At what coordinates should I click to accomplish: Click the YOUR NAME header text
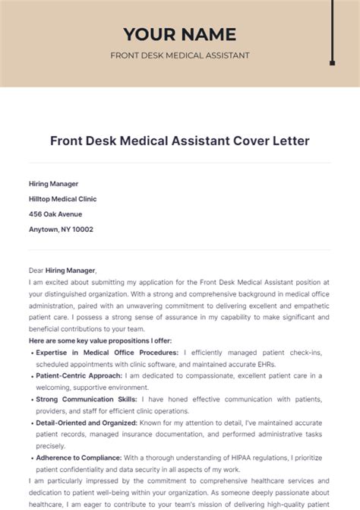[x=179, y=34]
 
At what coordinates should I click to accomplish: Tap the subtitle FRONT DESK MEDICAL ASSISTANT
[x=179, y=55]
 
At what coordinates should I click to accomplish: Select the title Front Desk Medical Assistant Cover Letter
[x=179, y=141]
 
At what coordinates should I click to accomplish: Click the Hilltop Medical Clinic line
[x=62, y=198]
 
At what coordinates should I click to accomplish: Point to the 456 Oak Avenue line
[x=56, y=214]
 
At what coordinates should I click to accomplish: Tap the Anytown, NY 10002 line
[x=61, y=229]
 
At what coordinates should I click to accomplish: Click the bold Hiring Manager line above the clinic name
[x=53, y=183]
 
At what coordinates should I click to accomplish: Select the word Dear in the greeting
[x=36, y=270]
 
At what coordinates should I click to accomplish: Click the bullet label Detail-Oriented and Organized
[x=86, y=423]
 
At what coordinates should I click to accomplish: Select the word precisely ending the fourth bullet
[x=52, y=446]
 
